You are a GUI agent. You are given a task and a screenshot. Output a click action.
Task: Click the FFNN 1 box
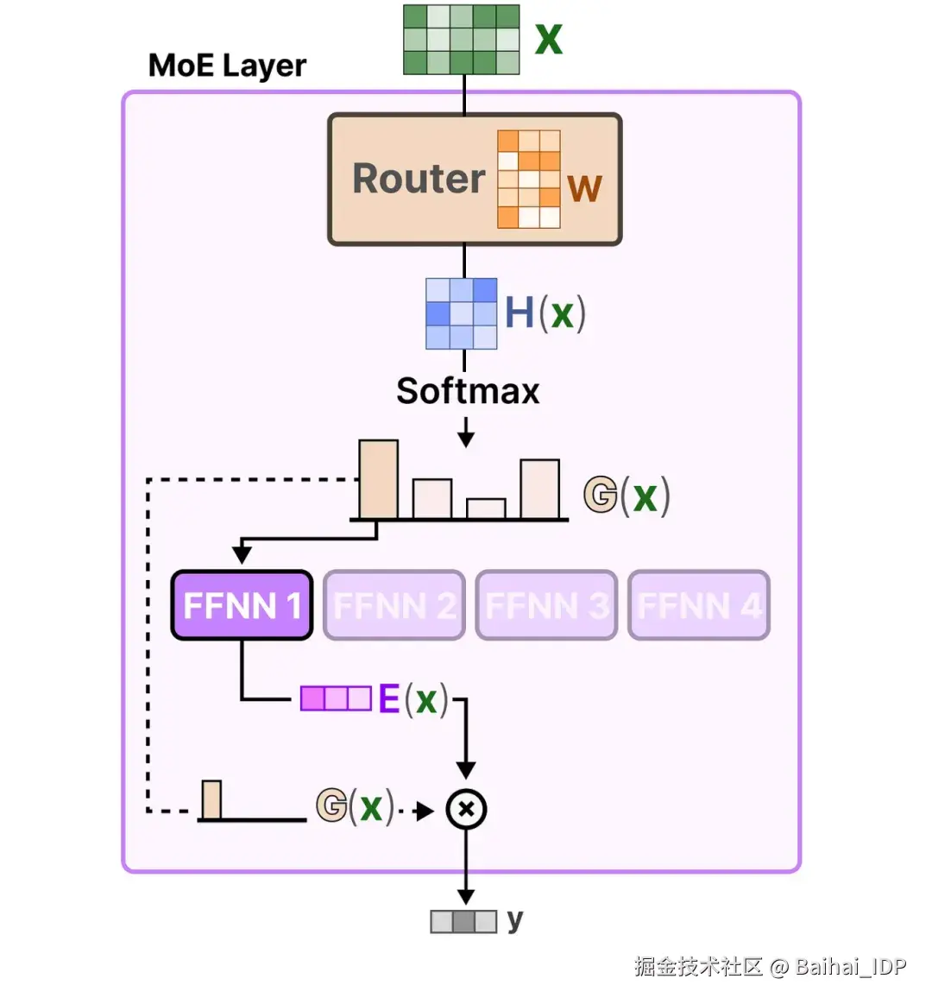tap(242, 605)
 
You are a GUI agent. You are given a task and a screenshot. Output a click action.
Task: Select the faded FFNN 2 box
tap(394, 605)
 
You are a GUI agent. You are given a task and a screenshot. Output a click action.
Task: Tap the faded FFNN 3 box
tap(546, 605)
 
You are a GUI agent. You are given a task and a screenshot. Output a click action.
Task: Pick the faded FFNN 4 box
tap(699, 605)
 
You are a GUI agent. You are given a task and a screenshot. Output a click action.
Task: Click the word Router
tap(419, 179)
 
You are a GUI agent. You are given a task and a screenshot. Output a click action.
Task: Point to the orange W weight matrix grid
tap(529, 180)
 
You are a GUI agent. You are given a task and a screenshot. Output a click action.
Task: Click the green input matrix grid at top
tap(462, 40)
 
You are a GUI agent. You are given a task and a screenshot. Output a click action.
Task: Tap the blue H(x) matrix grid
tap(462, 313)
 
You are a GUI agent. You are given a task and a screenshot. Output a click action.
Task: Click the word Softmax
tap(468, 390)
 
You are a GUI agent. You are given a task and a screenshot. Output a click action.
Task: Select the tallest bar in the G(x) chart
tap(378, 479)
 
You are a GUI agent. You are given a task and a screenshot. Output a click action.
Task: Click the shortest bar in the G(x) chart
tap(486, 508)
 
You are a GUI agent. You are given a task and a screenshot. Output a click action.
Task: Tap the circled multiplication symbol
tap(466, 810)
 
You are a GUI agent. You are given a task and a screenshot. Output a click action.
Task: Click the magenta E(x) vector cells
tap(336, 698)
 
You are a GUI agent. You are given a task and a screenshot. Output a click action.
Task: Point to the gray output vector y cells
tap(463, 921)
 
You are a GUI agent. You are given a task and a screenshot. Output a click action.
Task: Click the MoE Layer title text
tap(227, 66)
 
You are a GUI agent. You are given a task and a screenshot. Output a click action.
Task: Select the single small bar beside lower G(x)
tap(211, 799)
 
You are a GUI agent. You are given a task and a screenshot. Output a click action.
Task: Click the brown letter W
tap(584, 188)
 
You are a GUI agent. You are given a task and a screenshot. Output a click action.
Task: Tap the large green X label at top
tap(549, 40)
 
